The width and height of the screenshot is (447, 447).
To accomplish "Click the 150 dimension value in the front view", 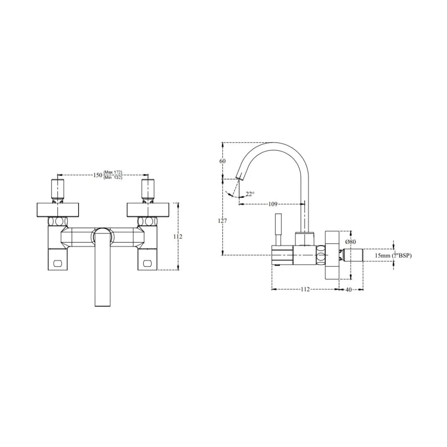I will point(97,175).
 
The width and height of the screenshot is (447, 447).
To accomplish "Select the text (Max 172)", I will point(113,172).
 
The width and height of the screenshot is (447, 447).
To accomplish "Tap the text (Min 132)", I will point(113,178).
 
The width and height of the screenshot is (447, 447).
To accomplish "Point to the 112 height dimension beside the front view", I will point(178,236).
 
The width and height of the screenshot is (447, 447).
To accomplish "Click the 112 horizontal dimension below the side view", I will point(305,289).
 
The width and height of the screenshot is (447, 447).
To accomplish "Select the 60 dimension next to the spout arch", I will point(223,161).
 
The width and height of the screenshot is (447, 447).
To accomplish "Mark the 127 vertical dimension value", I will point(223,221).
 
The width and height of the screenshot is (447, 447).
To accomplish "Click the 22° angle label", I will point(250,194).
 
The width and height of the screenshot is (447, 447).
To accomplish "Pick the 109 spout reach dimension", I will point(273,204).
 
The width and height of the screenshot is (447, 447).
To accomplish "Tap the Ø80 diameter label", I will point(350,241).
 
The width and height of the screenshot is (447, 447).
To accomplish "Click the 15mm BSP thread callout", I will point(393,255).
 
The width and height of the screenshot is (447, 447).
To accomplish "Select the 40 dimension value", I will point(348,289).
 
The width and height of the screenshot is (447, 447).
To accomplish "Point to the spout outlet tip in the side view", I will point(239,177).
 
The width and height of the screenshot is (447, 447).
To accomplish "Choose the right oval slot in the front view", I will point(148,262).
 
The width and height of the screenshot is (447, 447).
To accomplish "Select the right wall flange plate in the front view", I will point(148,209).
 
